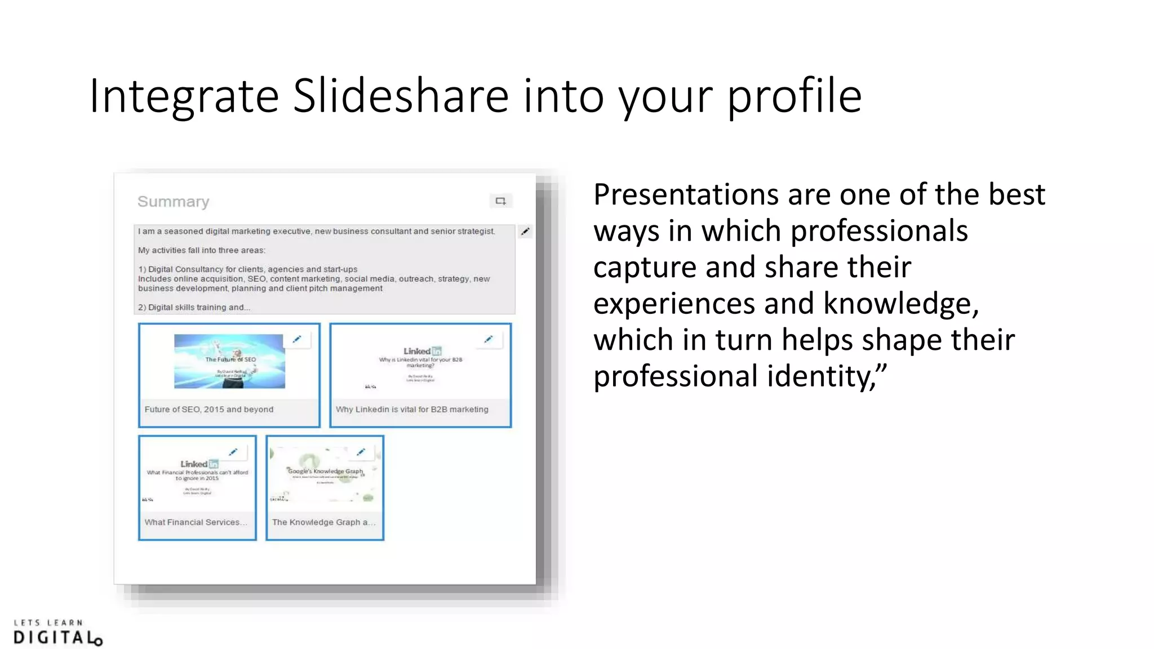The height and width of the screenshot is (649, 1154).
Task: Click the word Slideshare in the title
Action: pos(401,96)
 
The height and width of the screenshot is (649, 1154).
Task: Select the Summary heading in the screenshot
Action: pos(173,202)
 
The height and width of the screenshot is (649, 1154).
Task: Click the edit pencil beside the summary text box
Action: pos(525,232)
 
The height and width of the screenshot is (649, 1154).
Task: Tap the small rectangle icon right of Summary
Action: pos(500,201)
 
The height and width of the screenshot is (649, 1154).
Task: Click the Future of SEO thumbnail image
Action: pos(229,361)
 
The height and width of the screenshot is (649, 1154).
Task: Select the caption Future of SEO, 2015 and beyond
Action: pos(208,410)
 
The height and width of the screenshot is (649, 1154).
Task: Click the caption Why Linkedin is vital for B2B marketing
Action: pos(412,410)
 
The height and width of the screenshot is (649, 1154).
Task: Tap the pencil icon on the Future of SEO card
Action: pos(297,339)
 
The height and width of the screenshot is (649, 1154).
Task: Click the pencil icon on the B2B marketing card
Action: pos(489,339)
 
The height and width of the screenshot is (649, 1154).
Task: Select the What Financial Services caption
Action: pos(196,522)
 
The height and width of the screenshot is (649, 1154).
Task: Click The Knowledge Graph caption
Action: pos(323,522)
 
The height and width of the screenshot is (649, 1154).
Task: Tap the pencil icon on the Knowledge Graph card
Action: pos(361,452)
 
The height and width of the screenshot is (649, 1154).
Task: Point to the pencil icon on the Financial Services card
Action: pos(233,452)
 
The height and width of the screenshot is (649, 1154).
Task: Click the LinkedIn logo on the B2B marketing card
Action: pos(422,351)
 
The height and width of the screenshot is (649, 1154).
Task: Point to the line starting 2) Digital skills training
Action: pos(194,308)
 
